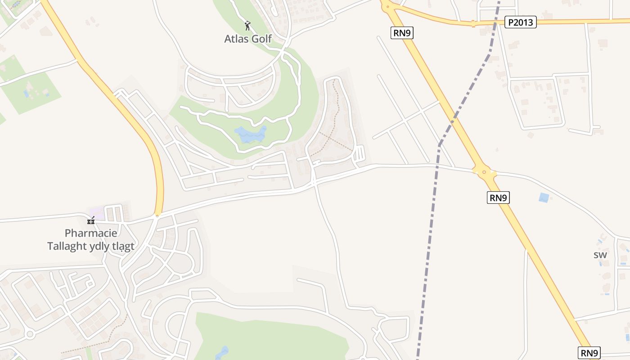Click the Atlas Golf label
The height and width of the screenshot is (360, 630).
(x=248, y=39)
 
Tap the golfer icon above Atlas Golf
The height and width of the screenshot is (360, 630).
(x=247, y=25)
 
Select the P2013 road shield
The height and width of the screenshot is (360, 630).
(x=520, y=22)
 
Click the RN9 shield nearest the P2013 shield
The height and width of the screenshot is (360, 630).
(x=402, y=32)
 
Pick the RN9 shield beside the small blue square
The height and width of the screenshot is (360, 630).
(x=498, y=198)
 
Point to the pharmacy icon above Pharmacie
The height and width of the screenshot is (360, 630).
(x=91, y=220)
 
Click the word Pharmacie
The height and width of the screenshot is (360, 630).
(x=91, y=233)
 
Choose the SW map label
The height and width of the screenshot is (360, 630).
(x=600, y=255)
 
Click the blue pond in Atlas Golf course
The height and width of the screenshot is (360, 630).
(x=250, y=135)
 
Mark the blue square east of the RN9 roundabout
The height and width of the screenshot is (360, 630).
(x=544, y=198)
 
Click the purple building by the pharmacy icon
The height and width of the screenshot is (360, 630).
(x=97, y=212)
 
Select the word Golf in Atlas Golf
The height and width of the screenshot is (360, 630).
(x=261, y=39)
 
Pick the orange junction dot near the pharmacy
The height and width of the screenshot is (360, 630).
(x=157, y=216)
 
